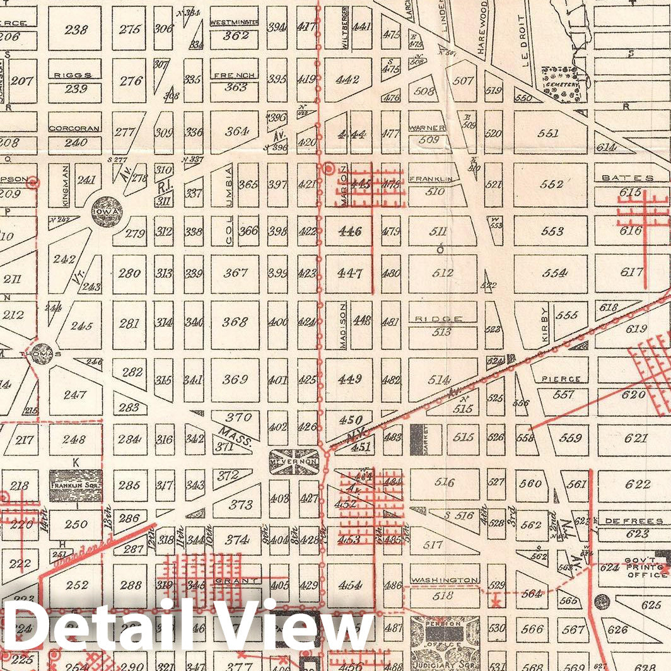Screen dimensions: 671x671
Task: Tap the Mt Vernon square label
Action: click(x=293, y=462)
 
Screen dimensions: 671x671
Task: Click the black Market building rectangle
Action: click(x=416, y=440)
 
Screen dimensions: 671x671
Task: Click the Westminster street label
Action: click(x=234, y=23)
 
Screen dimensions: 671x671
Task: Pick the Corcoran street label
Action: click(x=75, y=128)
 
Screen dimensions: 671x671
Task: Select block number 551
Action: click(x=549, y=134)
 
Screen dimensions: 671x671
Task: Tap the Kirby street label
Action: click(x=546, y=325)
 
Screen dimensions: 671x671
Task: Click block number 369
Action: click(x=235, y=380)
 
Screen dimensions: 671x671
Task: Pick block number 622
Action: click(x=638, y=484)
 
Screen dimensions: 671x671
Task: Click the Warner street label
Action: click(x=428, y=128)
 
